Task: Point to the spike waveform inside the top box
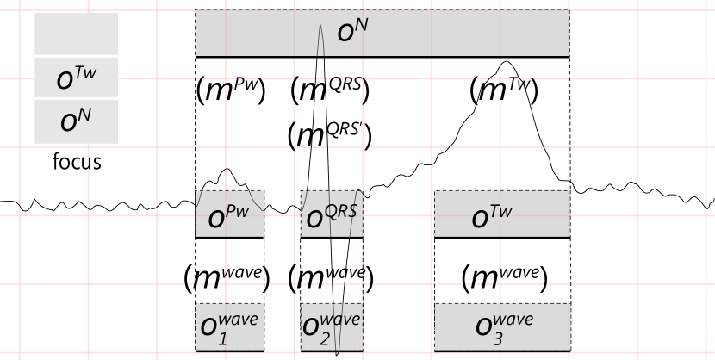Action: pos(320,39)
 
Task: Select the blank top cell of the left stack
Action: pos(76,34)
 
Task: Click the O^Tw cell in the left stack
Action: pos(76,78)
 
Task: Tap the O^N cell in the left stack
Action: pos(76,121)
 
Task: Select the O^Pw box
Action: pos(229,214)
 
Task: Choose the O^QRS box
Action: pos(332,214)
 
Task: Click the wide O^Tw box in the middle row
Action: pos(501,214)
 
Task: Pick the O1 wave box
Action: pos(229,326)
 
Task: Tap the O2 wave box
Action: pos(332,326)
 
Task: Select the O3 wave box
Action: pos(501,326)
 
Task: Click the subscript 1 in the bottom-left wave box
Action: pos(222,338)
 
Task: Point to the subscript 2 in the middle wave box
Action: pos(324,338)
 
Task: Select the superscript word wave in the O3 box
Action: pos(514,320)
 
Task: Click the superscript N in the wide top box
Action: pos(363,26)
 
